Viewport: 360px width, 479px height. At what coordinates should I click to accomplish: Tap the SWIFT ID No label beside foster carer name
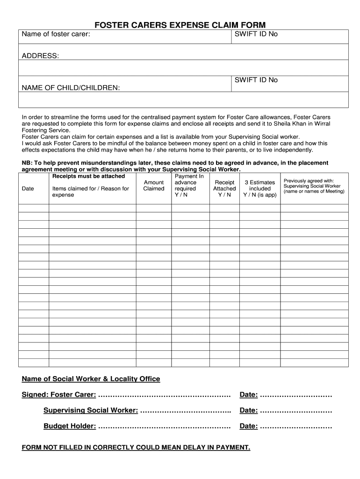256,34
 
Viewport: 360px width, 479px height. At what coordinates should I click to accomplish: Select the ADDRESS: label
41,56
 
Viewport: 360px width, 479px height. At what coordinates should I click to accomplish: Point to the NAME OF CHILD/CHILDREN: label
71,87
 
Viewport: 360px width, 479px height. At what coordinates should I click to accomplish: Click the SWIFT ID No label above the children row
256,80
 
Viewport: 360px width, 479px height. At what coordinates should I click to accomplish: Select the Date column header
28,189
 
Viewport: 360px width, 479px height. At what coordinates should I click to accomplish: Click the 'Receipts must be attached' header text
88,176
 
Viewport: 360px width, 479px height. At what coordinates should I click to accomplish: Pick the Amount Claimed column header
153,186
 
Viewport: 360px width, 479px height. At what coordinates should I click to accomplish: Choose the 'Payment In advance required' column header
189,186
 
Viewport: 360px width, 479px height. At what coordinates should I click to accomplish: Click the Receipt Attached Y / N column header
224,189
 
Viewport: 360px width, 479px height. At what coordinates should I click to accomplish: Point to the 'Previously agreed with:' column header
309,180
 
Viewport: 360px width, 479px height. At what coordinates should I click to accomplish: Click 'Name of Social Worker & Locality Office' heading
91,378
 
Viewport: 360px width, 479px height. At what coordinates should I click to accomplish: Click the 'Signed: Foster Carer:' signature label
59,395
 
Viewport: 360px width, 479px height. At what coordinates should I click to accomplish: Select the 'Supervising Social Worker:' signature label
90,410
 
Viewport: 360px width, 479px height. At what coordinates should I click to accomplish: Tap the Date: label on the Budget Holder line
248,426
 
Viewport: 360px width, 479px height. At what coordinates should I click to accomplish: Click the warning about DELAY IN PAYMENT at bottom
136,447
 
